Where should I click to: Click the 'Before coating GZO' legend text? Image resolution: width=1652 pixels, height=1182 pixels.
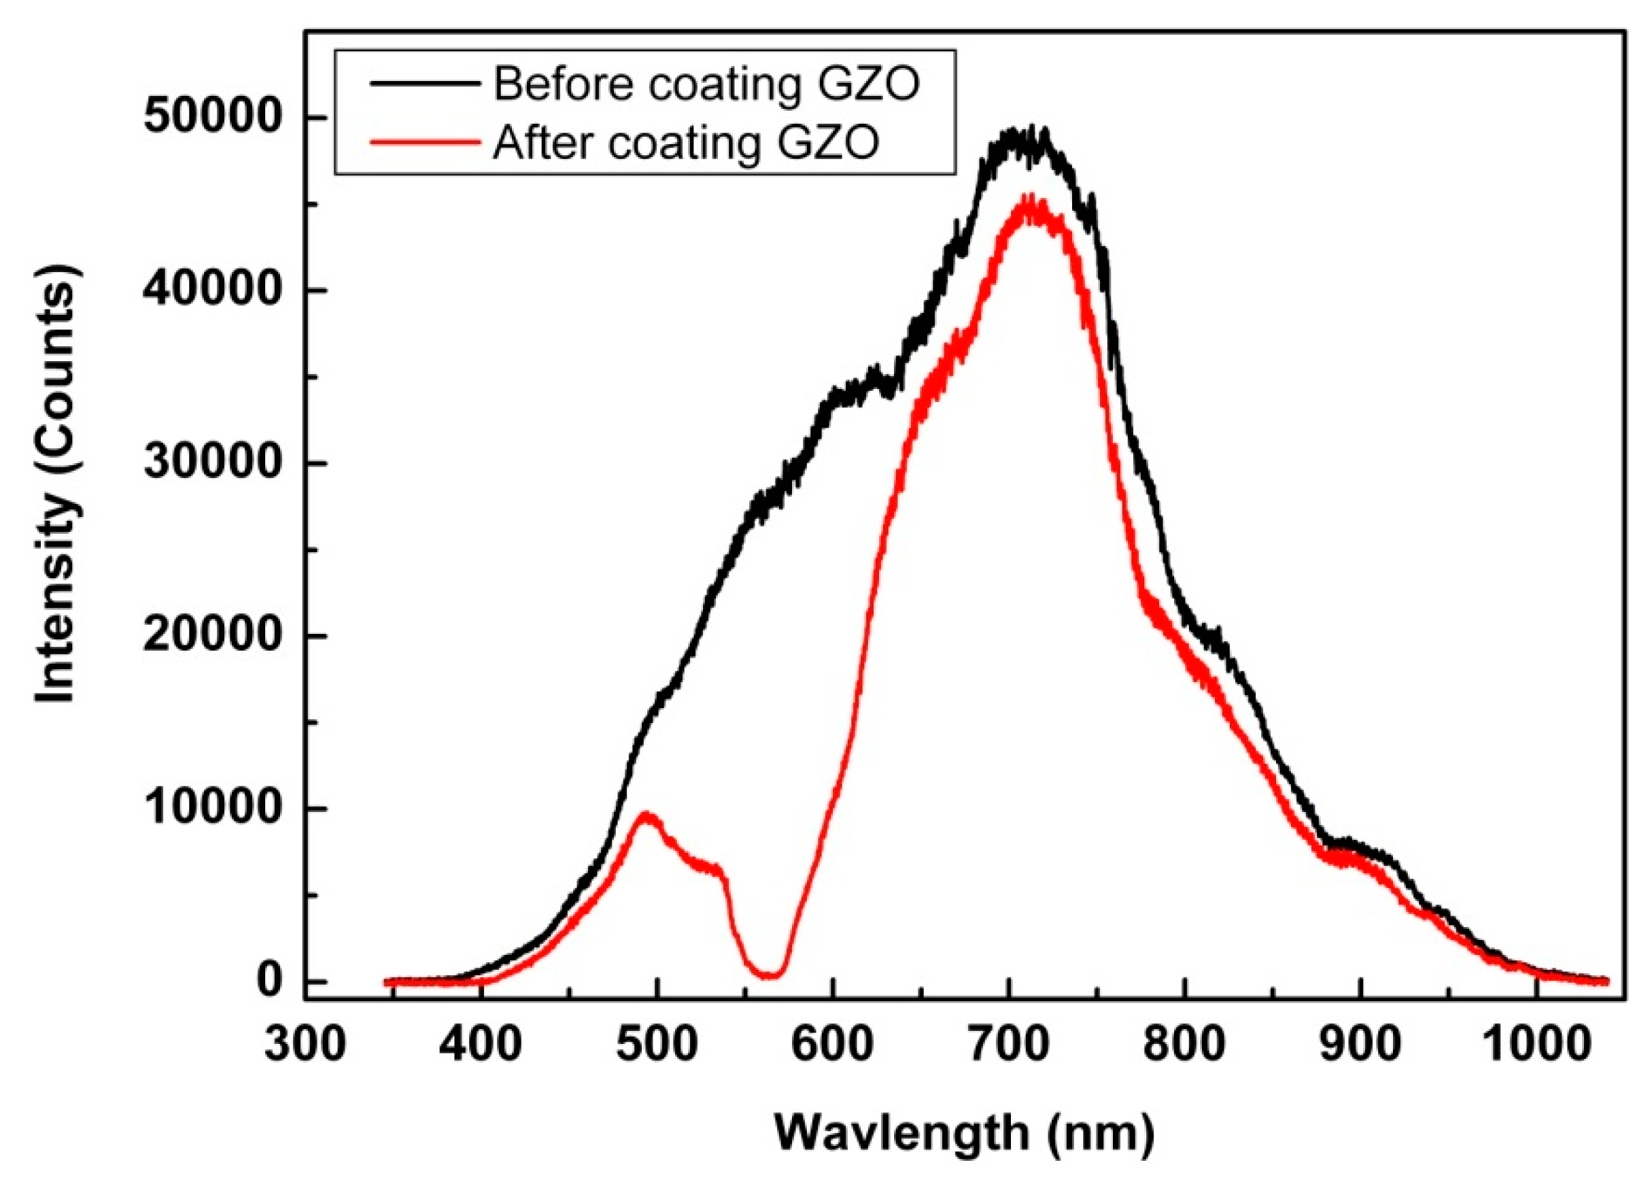(706, 84)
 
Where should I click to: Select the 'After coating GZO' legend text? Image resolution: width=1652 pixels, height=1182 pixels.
(686, 142)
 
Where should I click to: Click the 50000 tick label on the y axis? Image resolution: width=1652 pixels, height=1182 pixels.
(211, 118)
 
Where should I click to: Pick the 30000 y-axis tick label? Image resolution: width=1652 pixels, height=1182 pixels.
(211, 464)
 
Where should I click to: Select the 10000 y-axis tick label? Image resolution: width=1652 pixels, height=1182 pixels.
(211, 809)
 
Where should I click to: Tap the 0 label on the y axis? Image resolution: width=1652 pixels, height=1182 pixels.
(270, 982)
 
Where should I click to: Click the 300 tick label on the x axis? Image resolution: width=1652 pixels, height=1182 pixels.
(303, 1046)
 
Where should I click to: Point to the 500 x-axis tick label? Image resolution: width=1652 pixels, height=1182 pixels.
(655, 1046)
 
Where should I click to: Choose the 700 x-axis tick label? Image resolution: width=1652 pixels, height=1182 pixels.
(1008, 1046)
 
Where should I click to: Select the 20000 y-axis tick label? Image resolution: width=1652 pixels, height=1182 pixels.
(211, 637)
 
